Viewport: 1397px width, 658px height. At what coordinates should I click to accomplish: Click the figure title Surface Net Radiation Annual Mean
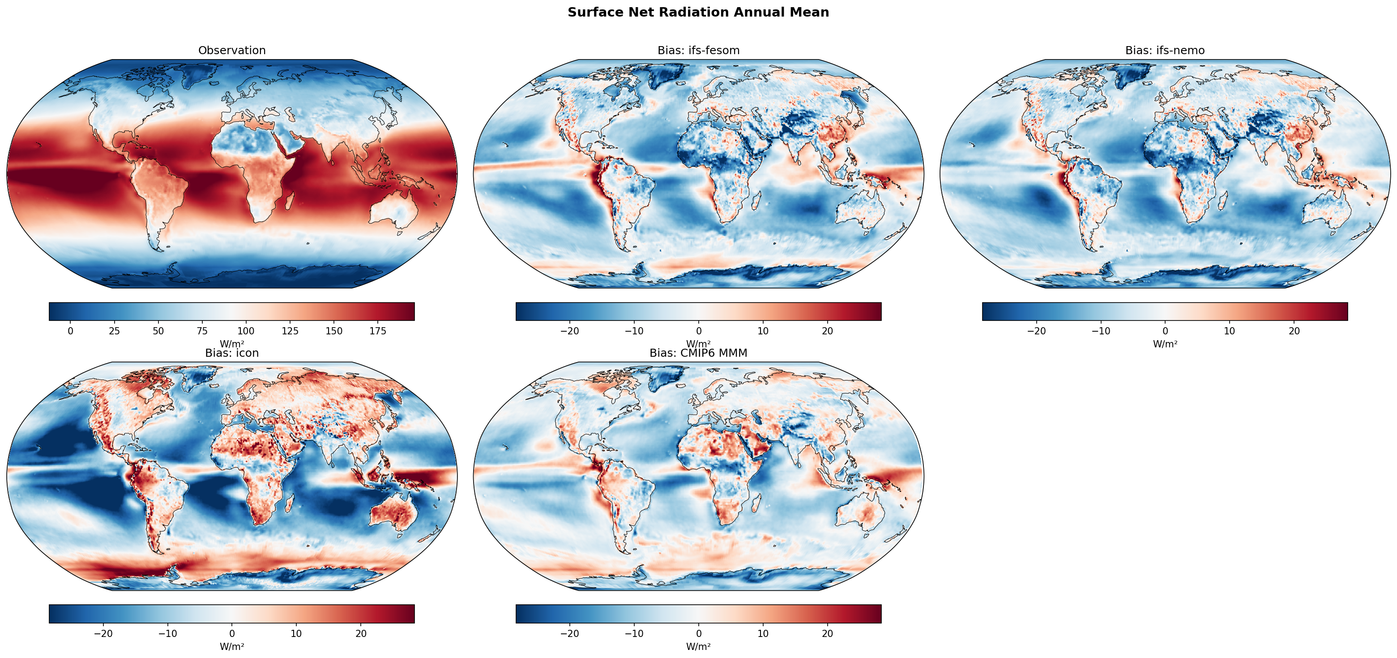698,13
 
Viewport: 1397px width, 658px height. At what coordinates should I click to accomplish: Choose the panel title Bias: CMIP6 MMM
698,353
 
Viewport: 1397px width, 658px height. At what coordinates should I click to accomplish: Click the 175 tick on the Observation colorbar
378,331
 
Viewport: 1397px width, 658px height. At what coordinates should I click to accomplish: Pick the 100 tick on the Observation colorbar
246,331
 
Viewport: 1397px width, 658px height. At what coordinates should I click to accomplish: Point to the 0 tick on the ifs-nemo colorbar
1165,331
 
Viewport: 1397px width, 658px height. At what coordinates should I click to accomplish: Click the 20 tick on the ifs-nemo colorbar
1294,331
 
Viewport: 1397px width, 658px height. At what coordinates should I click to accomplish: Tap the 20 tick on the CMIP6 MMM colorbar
827,633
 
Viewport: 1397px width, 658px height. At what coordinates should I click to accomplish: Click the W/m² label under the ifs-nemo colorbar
1165,344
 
